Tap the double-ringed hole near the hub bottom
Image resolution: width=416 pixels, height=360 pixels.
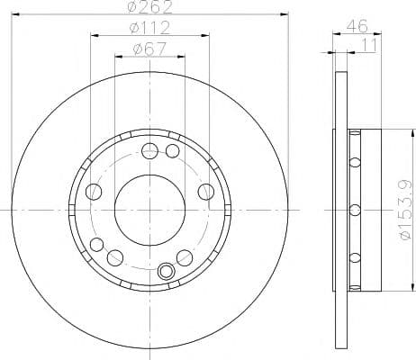pyautogui.click(x=166, y=271)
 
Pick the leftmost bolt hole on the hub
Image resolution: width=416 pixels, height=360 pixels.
pyautogui.click(x=93, y=192)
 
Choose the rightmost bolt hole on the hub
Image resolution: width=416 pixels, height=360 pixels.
pyautogui.click(x=206, y=192)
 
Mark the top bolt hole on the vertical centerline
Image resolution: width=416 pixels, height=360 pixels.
pyautogui.click(x=149, y=148)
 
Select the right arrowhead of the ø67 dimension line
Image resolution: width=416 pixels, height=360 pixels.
pyautogui.click(x=183, y=56)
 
